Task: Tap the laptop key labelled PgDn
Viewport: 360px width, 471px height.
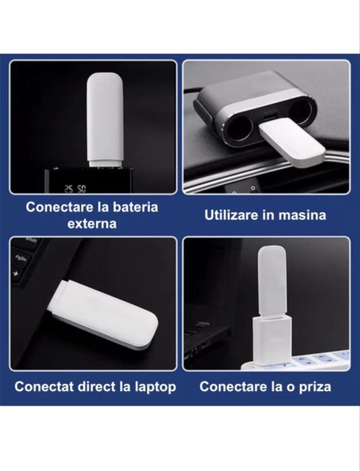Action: (22, 258)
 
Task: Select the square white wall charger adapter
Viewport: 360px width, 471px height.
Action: (272, 340)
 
